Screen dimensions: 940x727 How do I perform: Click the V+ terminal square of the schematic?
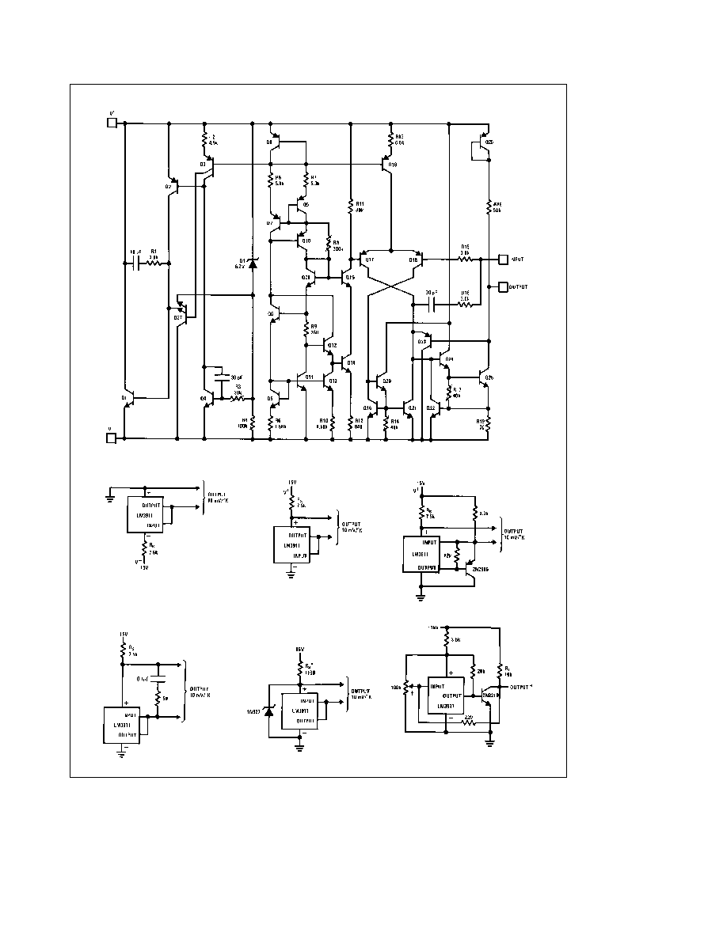pyautogui.click(x=112, y=123)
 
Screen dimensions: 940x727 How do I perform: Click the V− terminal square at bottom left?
pyautogui.click(x=112, y=438)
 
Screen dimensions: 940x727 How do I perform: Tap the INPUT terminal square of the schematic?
pyautogui.click(x=501, y=259)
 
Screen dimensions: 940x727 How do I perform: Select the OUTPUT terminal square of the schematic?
pyautogui.click(x=501, y=286)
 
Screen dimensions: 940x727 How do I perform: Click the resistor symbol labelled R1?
pyautogui.click(x=154, y=259)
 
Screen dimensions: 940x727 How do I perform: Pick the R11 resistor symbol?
pyautogui.click(x=349, y=207)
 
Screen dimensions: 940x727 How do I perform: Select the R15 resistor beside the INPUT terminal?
pyautogui.click(x=466, y=259)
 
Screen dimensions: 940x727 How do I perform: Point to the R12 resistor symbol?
pyautogui.click(x=390, y=141)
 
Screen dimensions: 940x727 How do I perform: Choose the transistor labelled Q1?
pyautogui.click(x=131, y=400)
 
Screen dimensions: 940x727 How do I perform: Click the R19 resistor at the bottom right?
pyautogui.click(x=489, y=424)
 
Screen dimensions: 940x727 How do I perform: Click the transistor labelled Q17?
pyautogui.click(x=364, y=260)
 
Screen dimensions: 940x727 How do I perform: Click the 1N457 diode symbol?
pyautogui.click(x=268, y=712)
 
